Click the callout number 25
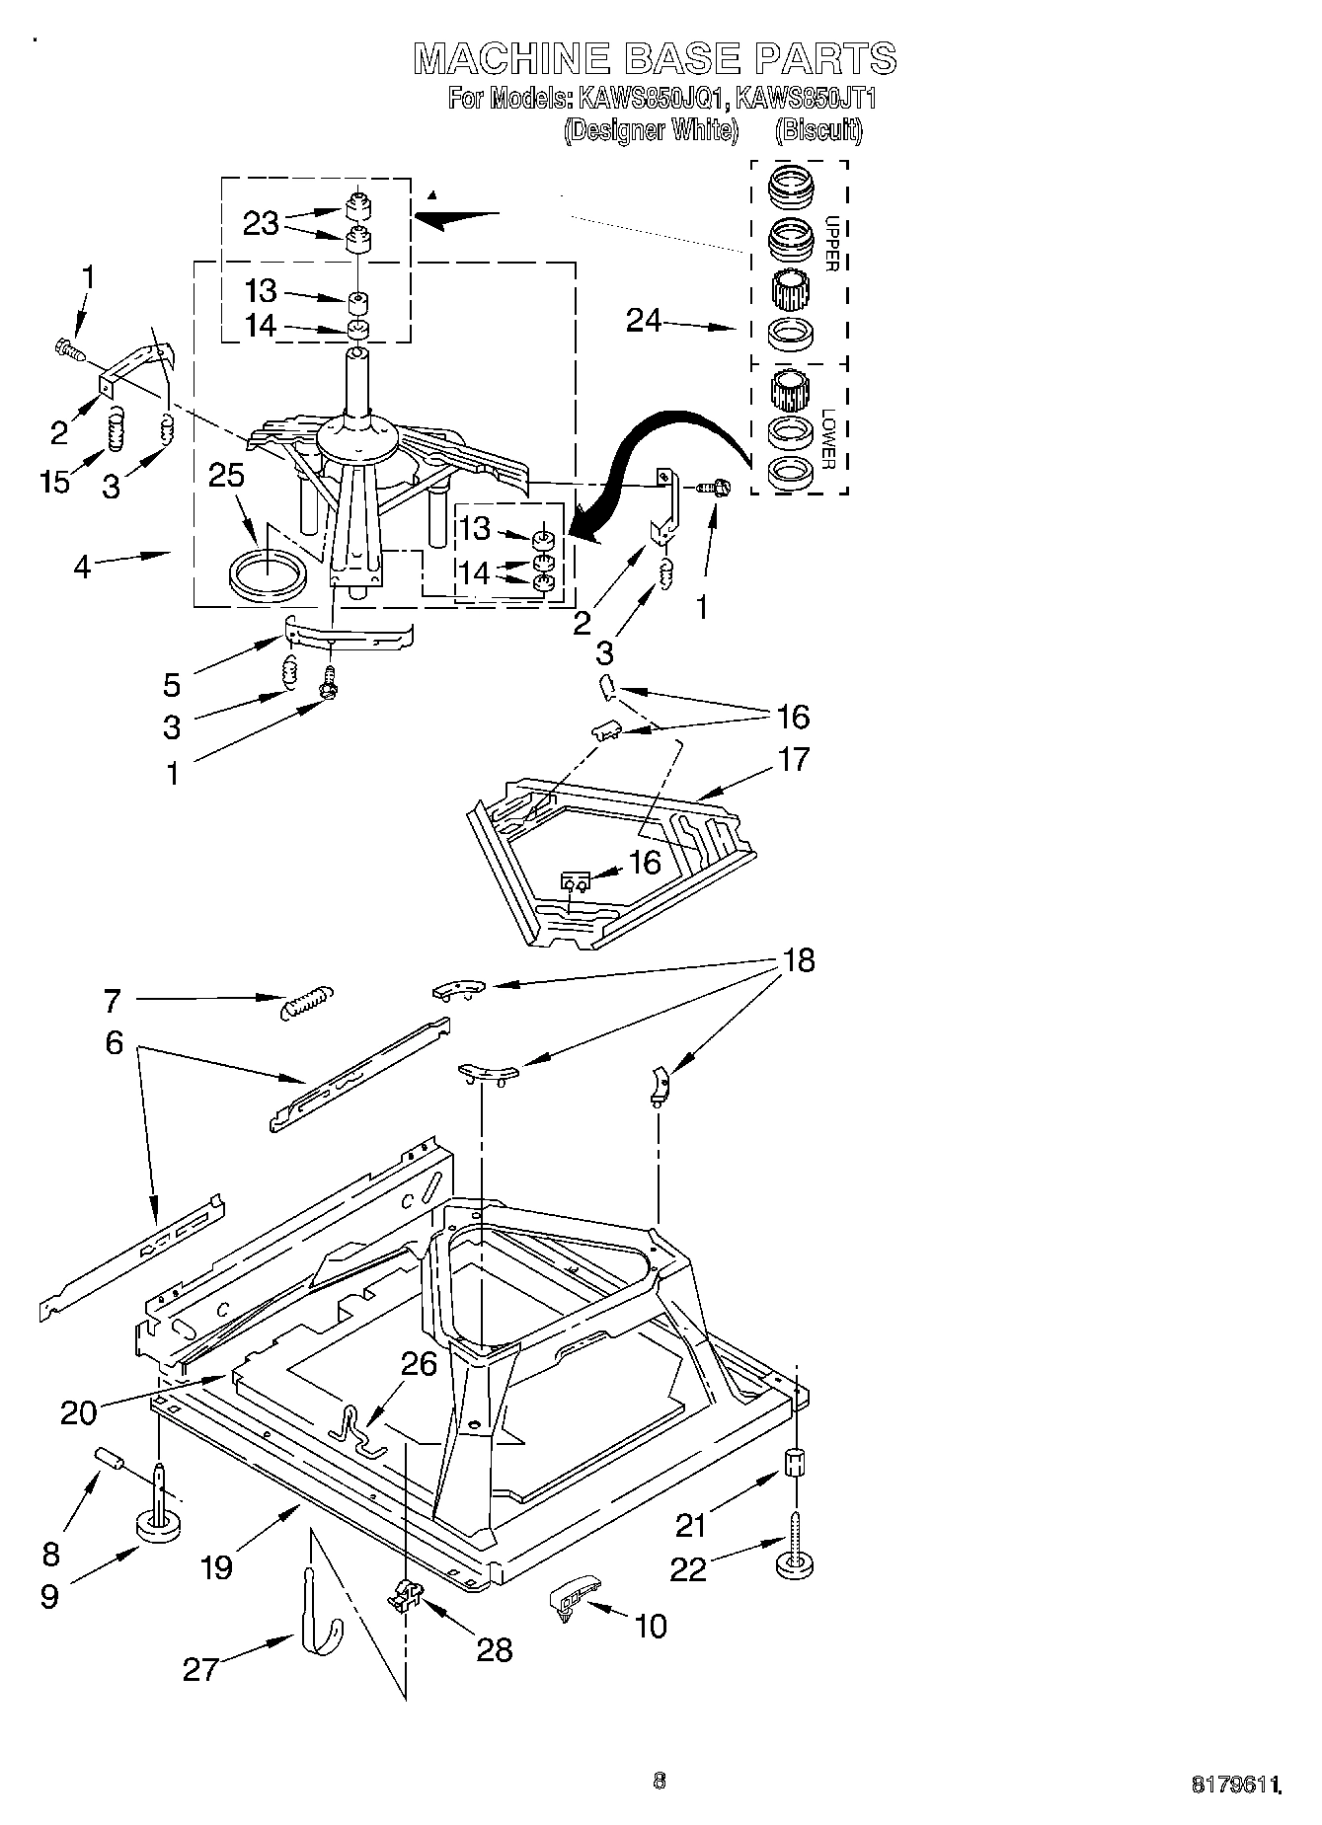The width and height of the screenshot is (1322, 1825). pos(226,477)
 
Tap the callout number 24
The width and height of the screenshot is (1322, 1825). pos(644,320)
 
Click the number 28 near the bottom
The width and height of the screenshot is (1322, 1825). pos(494,1649)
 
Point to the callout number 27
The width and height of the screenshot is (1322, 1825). pos(199,1669)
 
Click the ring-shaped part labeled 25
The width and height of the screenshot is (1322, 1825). pos(265,578)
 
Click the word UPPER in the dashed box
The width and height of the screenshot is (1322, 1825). pos(831,244)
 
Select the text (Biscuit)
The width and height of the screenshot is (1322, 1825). pos(818,130)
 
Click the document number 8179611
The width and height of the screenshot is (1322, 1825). pos(1236,1785)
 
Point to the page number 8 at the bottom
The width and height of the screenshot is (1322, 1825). pos(660,1781)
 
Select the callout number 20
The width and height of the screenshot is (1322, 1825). pos(79,1412)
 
